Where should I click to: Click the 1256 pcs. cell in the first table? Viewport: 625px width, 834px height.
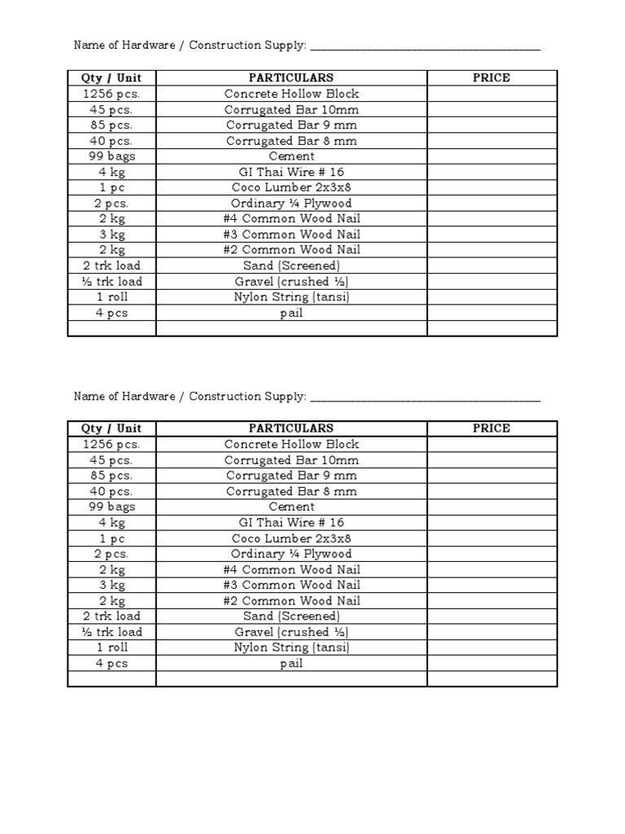(111, 94)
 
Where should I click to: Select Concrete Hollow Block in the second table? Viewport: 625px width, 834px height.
(291, 444)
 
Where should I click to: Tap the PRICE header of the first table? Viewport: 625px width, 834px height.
(492, 77)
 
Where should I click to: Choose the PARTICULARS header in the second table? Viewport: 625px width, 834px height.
(291, 428)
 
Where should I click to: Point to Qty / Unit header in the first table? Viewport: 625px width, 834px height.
(111, 77)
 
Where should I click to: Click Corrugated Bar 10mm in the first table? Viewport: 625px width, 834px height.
(291, 109)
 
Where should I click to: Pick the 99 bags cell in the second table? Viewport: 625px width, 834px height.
(111, 507)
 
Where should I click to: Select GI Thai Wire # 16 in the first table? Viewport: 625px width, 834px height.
(291, 172)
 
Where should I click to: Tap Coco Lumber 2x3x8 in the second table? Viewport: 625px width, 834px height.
(291, 538)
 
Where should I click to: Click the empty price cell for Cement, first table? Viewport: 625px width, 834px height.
(492, 156)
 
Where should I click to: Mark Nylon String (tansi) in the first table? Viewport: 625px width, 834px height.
(291, 297)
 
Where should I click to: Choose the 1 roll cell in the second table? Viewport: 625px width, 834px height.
(111, 647)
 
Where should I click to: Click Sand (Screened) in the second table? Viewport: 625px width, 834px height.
(291, 617)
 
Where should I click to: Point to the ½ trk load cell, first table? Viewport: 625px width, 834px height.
(111, 282)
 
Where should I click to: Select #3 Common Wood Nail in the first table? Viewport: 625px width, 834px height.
(291, 235)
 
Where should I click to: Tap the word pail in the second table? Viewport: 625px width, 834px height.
(291, 664)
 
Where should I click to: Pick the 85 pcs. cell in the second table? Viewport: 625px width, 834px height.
(111, 476)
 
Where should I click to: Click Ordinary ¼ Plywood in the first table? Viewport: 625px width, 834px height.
(291, 204)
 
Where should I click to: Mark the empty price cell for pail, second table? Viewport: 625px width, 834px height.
(492, 664)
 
